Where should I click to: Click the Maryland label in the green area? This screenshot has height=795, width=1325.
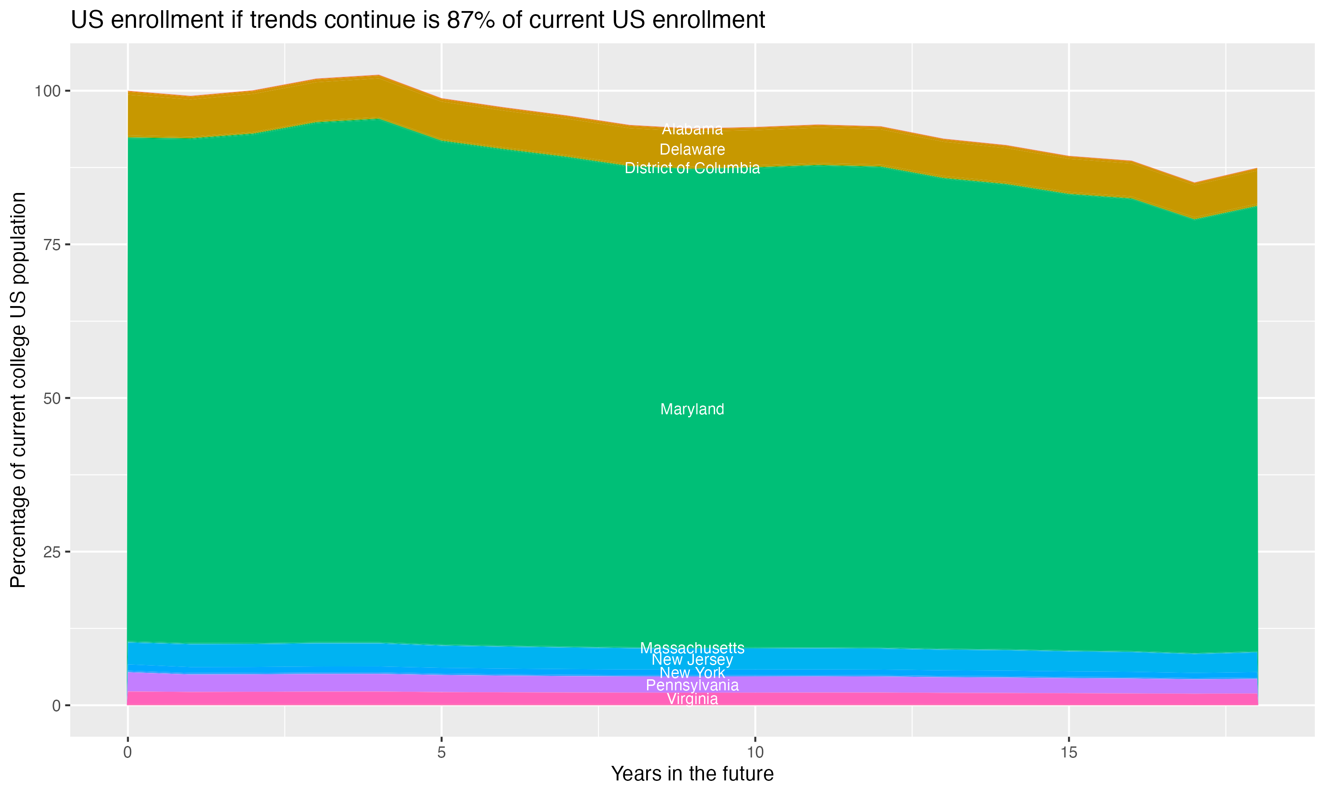coord(692,409)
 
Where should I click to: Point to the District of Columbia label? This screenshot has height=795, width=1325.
coord(692,168)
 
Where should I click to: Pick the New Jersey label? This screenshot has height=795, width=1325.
coord(692,659)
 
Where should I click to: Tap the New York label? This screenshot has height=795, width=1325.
coord(692,672)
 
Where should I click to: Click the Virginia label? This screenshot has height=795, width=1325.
coord(692,699)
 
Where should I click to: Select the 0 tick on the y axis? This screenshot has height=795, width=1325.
coord(56,705)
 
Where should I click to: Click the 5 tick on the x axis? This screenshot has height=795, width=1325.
coord(441,753)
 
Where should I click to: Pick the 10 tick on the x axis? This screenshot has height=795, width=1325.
coord(755,753)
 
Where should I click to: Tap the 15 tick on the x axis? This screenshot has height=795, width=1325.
coord(1068,753)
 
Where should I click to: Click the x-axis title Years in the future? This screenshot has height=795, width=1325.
coord(692,774)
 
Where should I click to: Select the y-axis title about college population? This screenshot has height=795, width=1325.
coord(18,390)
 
